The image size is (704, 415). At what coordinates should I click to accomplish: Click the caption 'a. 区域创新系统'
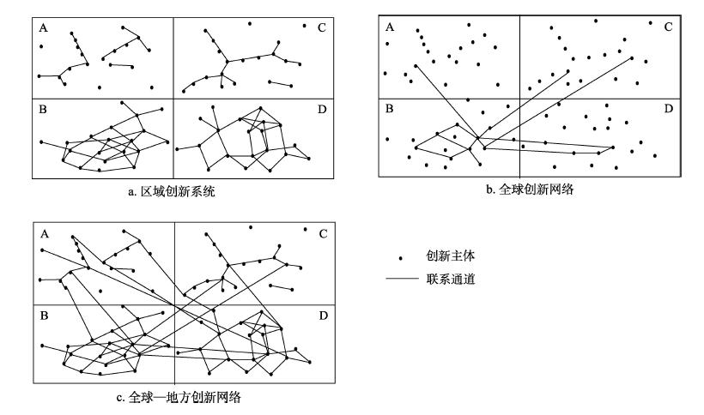172,192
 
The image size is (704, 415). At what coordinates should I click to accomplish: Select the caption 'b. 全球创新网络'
530,189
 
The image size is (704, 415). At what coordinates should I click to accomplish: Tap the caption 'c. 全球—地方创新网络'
179,398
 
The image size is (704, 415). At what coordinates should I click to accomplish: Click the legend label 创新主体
451,256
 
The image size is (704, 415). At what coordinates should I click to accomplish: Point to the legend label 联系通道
451,280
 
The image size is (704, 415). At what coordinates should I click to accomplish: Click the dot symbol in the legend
400,258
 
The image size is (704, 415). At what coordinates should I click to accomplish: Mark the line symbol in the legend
402,279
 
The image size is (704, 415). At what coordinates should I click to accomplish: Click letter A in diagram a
43,28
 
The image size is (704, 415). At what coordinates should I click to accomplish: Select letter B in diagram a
43,110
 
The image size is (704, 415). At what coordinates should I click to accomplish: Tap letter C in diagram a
321,27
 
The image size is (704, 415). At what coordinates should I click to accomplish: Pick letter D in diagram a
322,110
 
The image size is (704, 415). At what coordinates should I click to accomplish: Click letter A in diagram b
390,27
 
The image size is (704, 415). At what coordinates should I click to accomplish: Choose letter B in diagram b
389,108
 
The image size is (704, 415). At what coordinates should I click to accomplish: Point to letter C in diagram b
668,27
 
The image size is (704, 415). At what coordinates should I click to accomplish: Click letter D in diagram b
669,108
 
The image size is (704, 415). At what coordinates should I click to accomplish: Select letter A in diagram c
45,234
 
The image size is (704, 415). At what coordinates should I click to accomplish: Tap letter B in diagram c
44,316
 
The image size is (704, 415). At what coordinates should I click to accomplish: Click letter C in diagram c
324,234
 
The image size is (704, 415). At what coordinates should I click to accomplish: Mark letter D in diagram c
324,316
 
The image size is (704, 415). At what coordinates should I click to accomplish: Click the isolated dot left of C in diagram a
305,26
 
